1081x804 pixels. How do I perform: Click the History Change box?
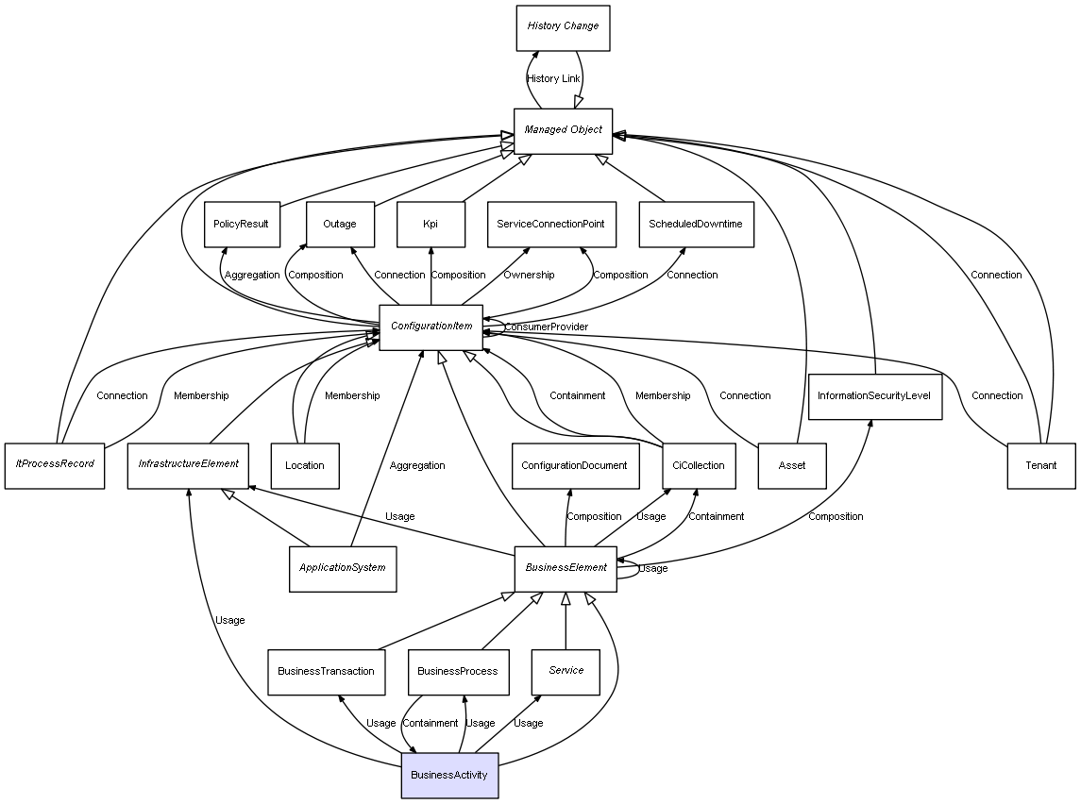coord(563,27)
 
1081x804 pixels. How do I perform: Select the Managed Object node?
coord(563,130)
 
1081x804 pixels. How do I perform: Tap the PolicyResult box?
coord(242,225)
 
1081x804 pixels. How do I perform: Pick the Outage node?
coord(340,225)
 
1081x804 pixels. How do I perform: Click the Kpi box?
coord(431,225)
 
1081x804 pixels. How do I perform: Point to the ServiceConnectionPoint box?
coord(551,225)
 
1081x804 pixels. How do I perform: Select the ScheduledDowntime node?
coord(696,225)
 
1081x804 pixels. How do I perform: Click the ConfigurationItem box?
coord(431,327)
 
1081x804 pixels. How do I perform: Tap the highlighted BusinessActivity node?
coord(449,776)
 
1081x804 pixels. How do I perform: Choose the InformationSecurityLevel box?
coord(874,396)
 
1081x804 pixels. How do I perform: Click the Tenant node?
coord(1040,465)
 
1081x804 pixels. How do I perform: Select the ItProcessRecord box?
coord(55,465)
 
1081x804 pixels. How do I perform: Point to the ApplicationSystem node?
coord(342,568)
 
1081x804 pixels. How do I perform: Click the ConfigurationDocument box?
coord(574,465)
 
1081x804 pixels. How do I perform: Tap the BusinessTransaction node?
coord(326,672)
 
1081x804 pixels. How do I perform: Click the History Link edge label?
coord(553,78)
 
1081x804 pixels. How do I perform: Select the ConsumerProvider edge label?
coord(546,327)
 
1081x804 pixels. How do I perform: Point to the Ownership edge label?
coord(529,275)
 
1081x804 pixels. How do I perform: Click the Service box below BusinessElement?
coord(566,671)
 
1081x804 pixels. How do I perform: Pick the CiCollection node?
coord(698,465)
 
